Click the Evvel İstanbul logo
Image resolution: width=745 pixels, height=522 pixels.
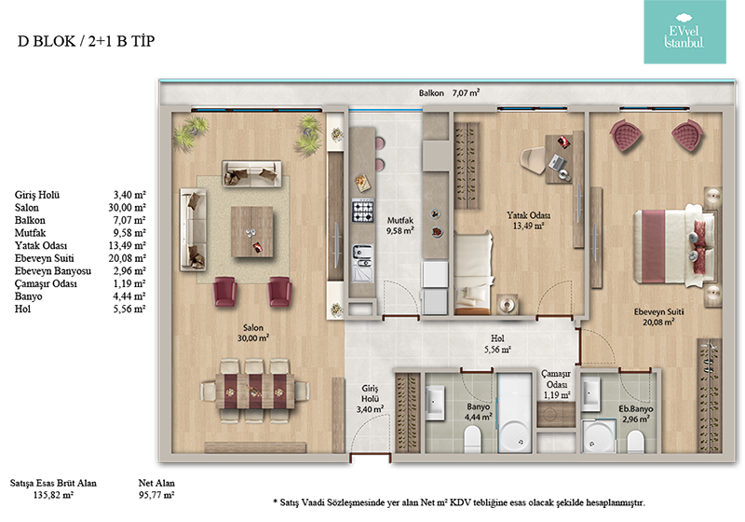click(684, 32)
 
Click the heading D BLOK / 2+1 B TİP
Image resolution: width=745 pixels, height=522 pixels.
click(86, 41)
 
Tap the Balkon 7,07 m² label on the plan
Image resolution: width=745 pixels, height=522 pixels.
click(449, 92)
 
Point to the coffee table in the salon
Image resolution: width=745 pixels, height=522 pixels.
click(251, 231)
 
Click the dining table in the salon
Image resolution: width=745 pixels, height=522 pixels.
click(254, 391)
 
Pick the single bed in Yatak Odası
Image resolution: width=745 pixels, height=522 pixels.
click(473, 273)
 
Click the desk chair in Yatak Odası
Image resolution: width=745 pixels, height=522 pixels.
click(533, 160)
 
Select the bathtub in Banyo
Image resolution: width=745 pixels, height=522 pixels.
click(515, 412)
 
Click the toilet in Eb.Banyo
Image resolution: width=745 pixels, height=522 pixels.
click(635, 441)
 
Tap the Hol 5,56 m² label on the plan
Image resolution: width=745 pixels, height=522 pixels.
click(497, 344)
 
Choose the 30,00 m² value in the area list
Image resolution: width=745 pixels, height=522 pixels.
click(127, 208)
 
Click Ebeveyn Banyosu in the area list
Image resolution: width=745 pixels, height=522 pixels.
click(53, 271)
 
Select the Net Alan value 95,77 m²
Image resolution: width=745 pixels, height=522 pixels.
click(156, 495)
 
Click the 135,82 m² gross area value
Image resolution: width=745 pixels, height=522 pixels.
click(53, 495)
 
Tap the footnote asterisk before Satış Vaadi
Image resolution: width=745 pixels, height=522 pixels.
click(275, 501)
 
